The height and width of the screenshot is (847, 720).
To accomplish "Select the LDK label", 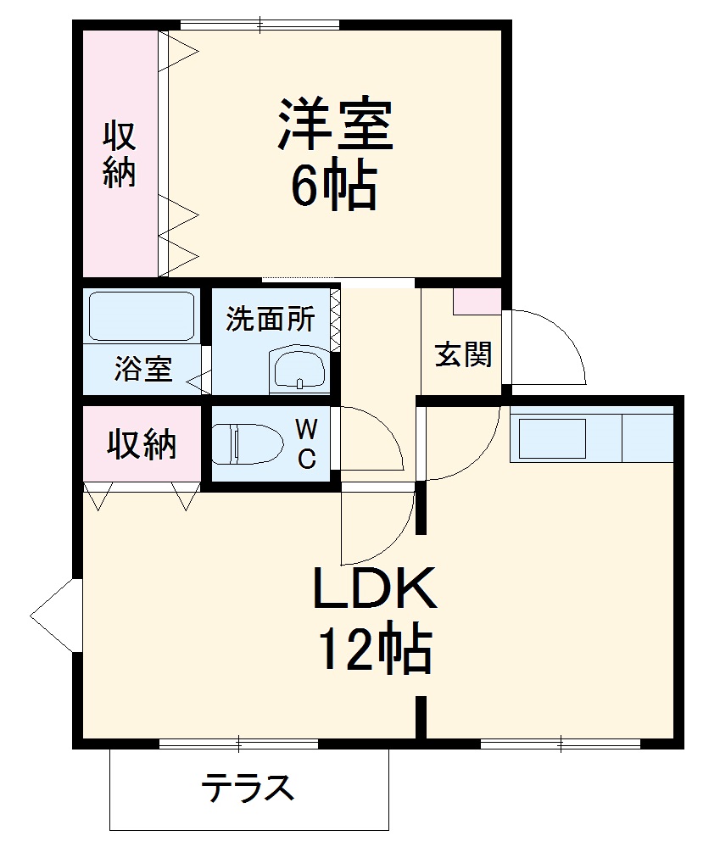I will point(375,588).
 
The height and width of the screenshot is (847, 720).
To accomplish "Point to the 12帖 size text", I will point(375,649).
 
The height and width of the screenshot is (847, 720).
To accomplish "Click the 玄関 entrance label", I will point(463,354).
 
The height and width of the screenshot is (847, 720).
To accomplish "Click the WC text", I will point(306,444).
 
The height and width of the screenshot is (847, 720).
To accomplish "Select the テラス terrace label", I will point(248,788).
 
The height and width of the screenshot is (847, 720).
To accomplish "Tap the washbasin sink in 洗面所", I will point(299,369).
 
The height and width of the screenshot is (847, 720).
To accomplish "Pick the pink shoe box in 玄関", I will point(477,301).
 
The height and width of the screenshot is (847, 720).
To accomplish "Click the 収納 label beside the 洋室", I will point(120,154).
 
